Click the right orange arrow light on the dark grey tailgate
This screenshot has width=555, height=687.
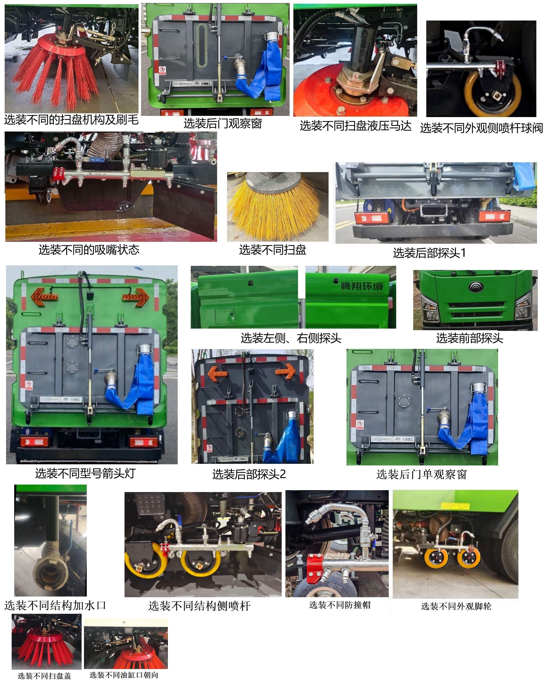click(x=285, y=371)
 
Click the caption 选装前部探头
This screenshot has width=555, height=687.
click(x=469, y=338)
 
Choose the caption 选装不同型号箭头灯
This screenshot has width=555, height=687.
click(x=85, y=473)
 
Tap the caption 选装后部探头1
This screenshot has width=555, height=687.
click(x=429, y=253)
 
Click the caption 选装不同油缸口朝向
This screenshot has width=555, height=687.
click(x=124, y=675)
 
